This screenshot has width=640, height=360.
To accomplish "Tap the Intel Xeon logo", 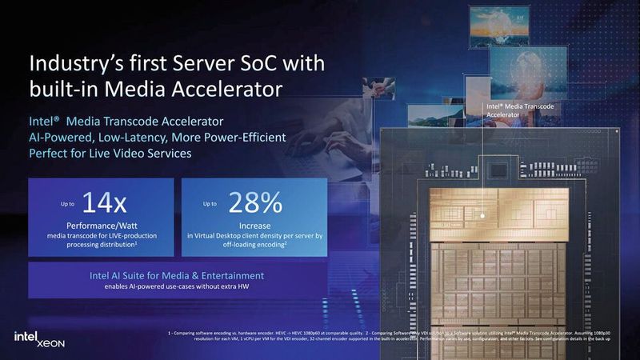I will pyautogui.click(x=38, y=339).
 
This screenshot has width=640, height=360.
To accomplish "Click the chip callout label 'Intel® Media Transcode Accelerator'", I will pyautogui.click(x=520, y=110).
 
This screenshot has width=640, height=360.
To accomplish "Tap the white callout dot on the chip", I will pyautogui.click(x=483, y=215).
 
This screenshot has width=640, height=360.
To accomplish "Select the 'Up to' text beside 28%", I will pyautogui.click(x=210, y=206).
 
